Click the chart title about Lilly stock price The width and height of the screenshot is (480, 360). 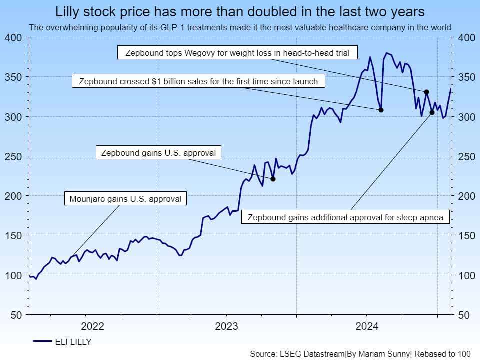tap(240, 11)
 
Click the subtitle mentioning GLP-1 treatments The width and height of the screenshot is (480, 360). tap(240, 28)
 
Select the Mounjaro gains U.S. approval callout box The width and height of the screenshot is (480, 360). tap(125, 198)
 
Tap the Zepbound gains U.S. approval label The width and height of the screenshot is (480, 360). tap(158, 153)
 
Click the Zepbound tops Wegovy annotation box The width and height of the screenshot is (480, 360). tap(237, 52)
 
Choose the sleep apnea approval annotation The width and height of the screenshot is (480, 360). tap(345, 217)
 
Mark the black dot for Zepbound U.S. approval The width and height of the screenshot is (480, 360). tap(273, 179)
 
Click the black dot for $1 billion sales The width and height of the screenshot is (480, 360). tap(381, 110)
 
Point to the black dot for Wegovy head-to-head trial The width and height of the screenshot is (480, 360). tap(426, 92)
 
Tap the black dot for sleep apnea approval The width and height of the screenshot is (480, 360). tap(432, 112)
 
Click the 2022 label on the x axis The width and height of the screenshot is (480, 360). tap(92, 327)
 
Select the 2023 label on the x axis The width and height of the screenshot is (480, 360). tap(226, 327)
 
